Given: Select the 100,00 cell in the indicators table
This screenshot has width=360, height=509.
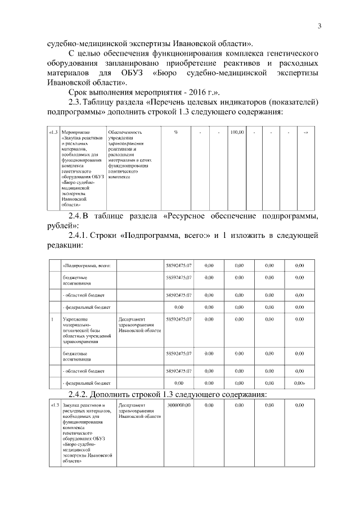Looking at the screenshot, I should (x=236, y=132).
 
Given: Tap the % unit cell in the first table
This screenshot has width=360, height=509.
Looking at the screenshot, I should (x=176, y=132).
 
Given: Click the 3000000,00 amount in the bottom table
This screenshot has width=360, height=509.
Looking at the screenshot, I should (x=179, y=404).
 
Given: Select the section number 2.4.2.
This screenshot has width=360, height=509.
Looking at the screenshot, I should (x=83, y=393).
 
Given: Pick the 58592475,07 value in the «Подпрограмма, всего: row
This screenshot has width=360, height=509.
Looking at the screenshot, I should (x=179, y=264).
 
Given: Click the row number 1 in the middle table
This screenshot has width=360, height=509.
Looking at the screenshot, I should (x=52, y=319).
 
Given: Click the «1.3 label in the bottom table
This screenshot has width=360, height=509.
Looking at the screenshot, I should (x=54, y=405).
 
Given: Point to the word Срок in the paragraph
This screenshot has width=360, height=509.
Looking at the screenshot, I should (x=79, y=91).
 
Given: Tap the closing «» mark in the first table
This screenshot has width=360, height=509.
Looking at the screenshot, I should (x=306, y=132).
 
